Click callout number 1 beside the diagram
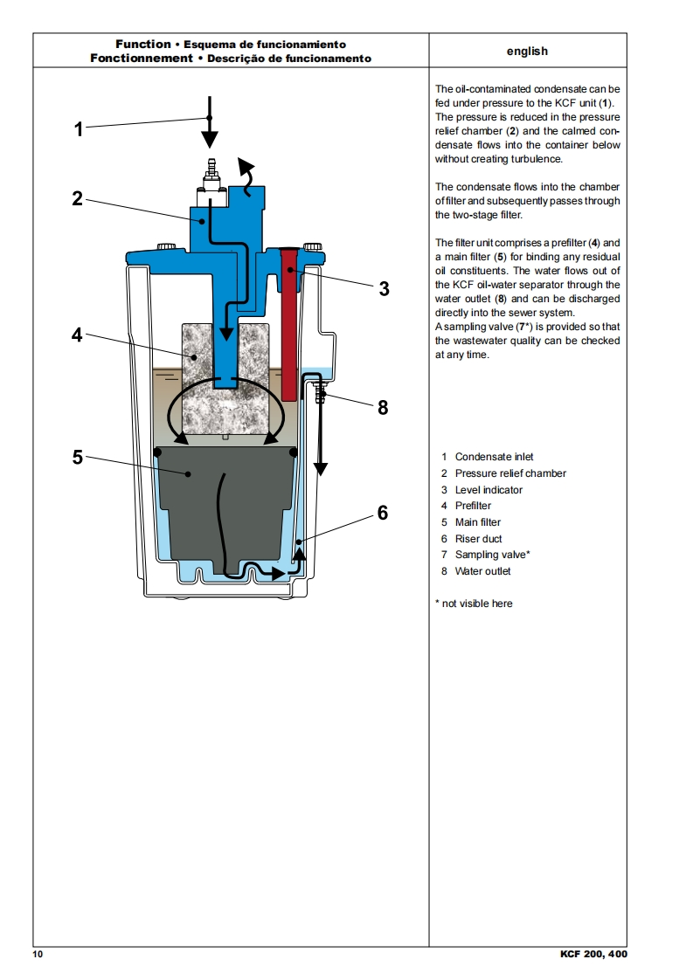[x=79, y=129]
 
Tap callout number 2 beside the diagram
[x=78, y=198]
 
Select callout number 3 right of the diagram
[x=384, y=289]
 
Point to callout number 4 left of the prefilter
[x=78, y=335]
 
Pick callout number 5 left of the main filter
[x=78, y=457]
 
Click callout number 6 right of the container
[x=383, y=514]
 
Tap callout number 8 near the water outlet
[x=383, y=407]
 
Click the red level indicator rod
[x=288, y=323]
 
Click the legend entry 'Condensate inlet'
[x=494, y=457]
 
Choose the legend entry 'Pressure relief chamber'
[x=510, y=473]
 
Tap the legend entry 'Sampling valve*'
[x=492, y=555]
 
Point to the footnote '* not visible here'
[x=474, y=604]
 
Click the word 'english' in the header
[x=527, y=51]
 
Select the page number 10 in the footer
[x=38, y=954]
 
